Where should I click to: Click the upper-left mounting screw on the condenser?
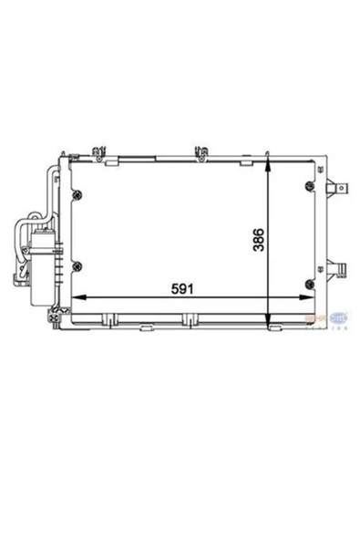[78, 193]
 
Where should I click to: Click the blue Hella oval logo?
[339, 317]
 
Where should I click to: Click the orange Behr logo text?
[318, 317]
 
